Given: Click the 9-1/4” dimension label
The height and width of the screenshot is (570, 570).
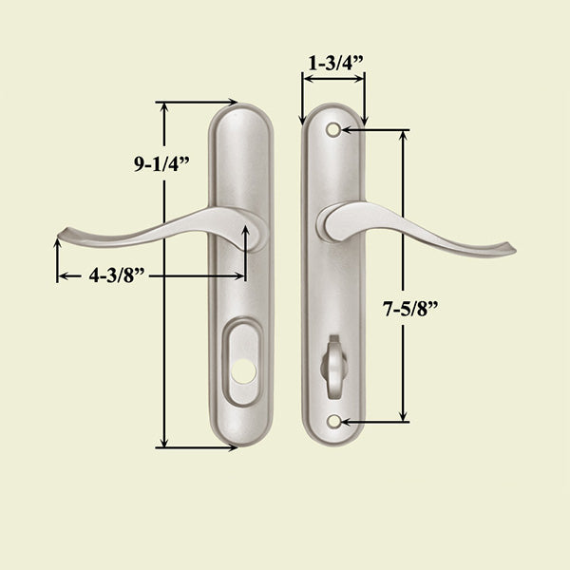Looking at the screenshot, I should point(161,161).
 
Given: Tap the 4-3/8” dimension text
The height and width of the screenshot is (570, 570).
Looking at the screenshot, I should point(117,276).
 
